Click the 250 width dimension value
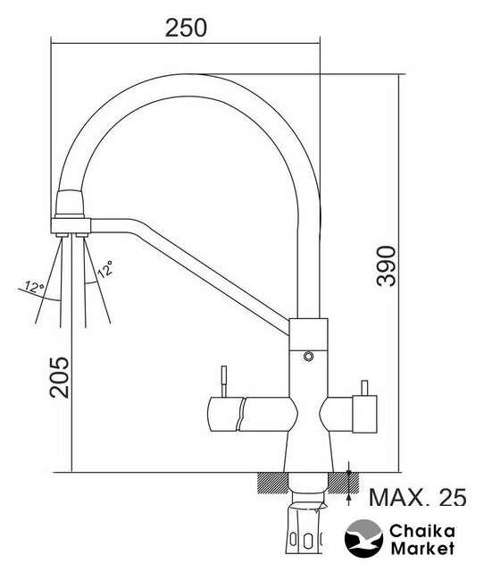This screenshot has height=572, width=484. (x=186, y=28)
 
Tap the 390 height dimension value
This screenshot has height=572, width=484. (x=387, y=266)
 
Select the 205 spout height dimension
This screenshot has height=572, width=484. (x=60, y=377)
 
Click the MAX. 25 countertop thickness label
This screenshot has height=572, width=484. (x=418, y=497)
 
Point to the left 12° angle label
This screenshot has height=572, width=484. (x=34, y=288)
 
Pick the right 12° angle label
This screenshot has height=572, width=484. (x=105, y=269)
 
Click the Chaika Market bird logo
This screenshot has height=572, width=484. (x=363, y=538)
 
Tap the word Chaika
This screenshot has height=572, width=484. (x=422, y=531)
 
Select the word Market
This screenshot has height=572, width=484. (x=422, y=548)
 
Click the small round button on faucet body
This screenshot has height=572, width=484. (x=308, y=356)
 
